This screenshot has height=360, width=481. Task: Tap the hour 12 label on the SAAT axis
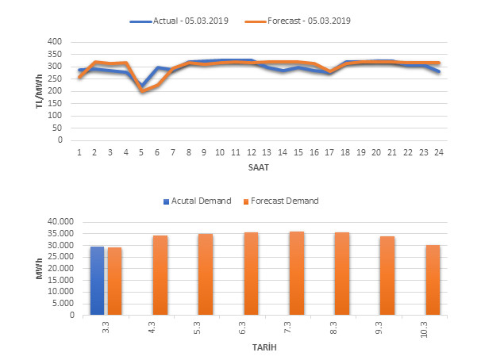point(251,151)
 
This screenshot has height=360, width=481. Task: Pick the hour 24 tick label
point(438,151)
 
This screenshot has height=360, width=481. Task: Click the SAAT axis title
point(259,169)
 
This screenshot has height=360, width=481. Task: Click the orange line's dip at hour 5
point(142,91)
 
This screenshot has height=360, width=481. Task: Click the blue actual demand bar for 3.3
point(97,281)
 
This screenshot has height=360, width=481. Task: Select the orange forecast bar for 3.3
point(115,281)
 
